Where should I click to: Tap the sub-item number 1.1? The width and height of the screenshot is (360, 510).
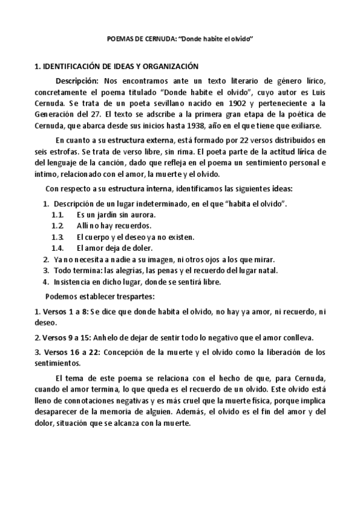click(x=58, y=215)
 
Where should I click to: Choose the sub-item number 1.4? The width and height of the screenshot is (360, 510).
click(x=58, y=248)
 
